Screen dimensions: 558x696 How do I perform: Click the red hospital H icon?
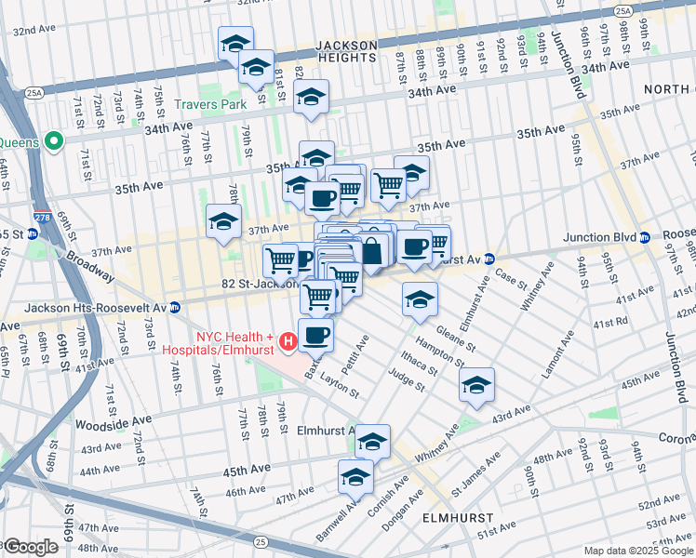click(288, 343)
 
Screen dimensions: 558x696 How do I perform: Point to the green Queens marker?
click(53, 142)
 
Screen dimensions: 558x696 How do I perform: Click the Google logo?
click(30, 547)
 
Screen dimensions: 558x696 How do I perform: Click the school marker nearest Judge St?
click(476, 385)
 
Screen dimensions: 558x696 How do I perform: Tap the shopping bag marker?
click(371, 251)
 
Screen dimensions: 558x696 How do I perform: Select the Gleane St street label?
click(454, 342)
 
